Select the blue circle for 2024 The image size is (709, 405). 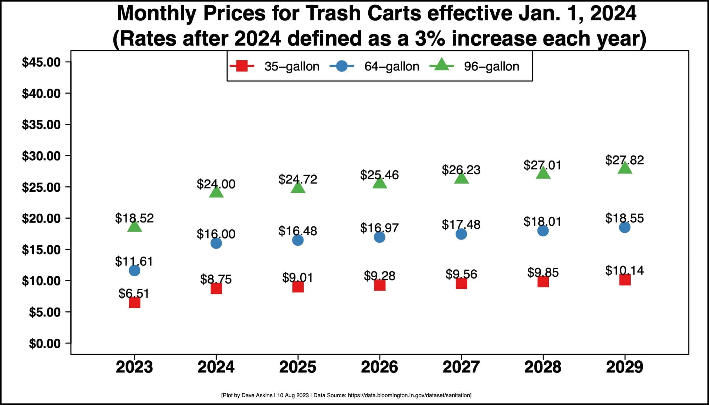(216, 243)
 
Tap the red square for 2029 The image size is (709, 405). (625, 280)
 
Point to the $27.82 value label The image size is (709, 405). (624, 160)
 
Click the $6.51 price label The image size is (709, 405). (134, 293)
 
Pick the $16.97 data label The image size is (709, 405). (379, 228)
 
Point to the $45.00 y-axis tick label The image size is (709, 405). (41, 62)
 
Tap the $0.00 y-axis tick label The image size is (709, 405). (45, 343)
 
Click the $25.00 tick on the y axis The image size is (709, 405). (41, 187)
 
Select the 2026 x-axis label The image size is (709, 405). (379, 367)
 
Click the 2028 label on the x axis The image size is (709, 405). (543, 367)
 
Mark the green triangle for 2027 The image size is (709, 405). (461, 178)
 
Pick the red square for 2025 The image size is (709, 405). (298, 287)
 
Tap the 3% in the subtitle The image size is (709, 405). (429, 38)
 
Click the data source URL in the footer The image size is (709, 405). (409, 395)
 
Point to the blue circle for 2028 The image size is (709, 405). (543, 231)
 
